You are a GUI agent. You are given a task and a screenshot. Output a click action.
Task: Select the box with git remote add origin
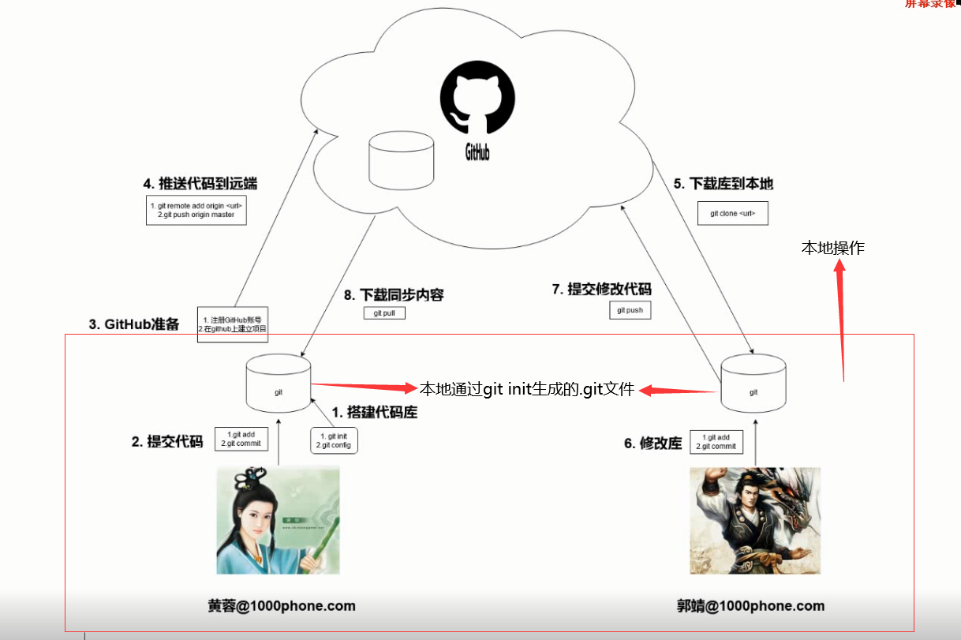tap(196, 210)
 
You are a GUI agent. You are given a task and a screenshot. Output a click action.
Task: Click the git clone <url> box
tap(732, 213)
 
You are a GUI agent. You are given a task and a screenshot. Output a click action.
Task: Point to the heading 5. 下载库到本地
tap(723, 184)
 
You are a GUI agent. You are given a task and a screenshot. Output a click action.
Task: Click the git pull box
tap(384, 313)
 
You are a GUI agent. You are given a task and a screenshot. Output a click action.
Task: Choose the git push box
tap(630, 310)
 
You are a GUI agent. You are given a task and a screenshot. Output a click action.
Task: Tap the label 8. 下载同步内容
tap(394, 295)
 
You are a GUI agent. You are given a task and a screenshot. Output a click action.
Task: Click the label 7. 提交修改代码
tap(602, 290)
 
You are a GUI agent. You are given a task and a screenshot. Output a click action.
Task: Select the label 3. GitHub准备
tap(134, 324)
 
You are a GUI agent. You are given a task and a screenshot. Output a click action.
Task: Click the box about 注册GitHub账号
tap(233, 324)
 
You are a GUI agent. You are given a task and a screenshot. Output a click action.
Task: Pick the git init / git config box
tap(335, 440)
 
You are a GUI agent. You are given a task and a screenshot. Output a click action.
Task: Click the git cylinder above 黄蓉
tap(279, 384)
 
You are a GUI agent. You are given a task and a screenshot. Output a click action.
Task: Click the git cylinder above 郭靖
tap(753, 384)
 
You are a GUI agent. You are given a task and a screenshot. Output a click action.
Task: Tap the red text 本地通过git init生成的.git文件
tap(526, 388)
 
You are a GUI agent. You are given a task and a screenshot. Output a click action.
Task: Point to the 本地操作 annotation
tap(833, 248)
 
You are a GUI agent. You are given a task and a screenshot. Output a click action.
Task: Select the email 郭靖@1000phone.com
tap(750, 606)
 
